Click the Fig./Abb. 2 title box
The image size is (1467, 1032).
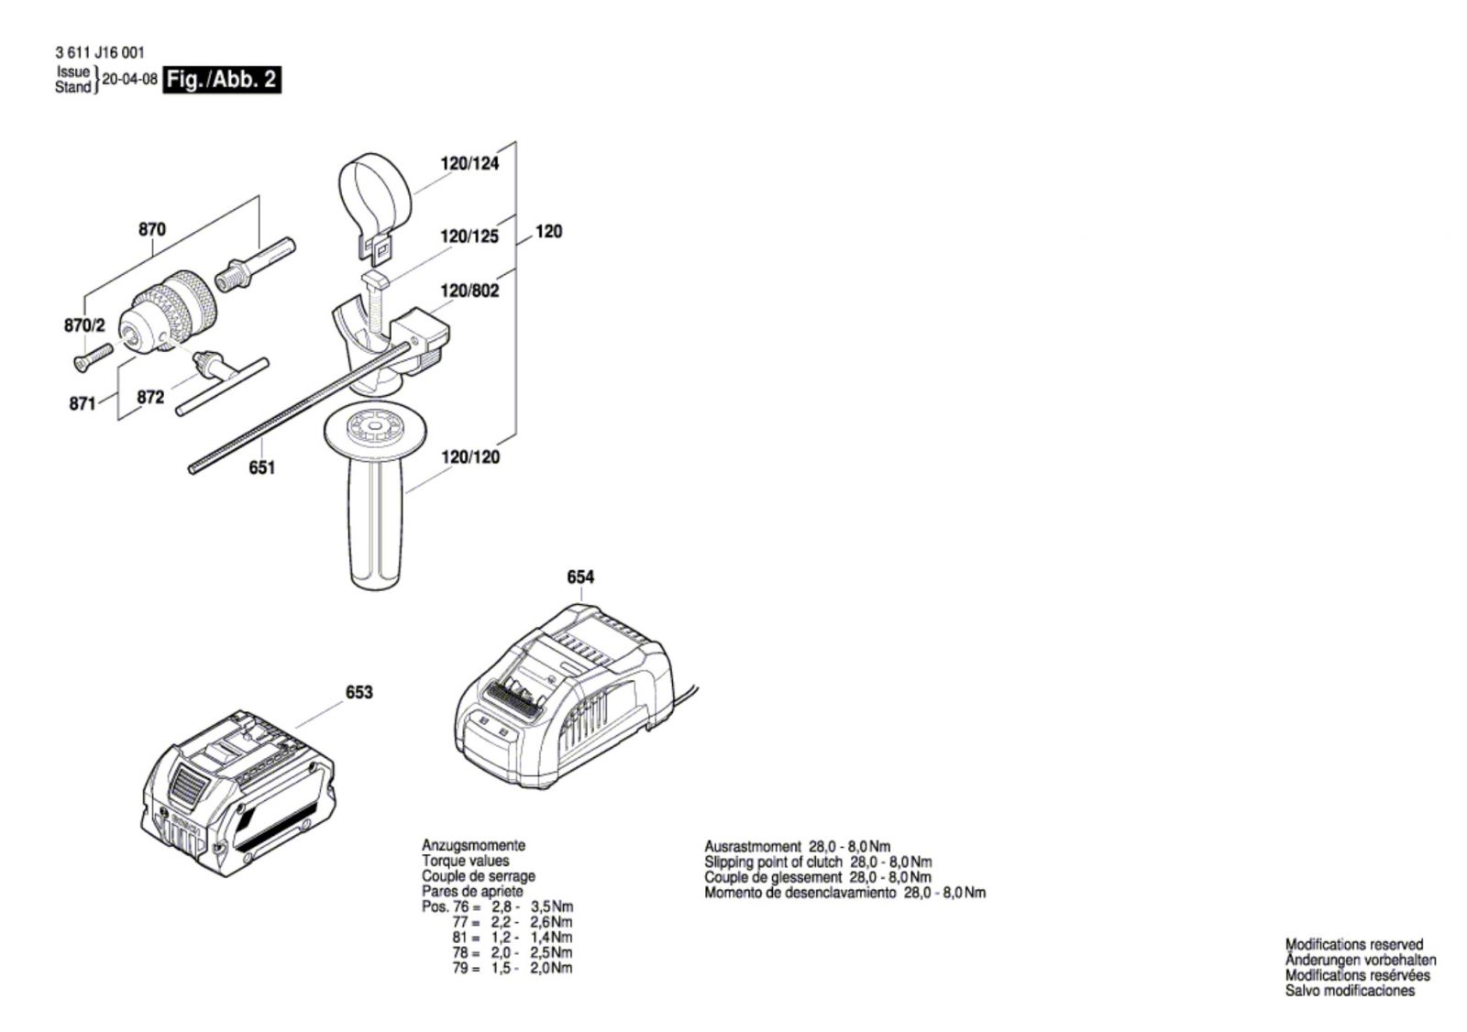tap(221, 80)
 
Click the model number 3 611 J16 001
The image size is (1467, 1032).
tap(99, 54)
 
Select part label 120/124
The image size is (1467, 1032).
tap(469, 164)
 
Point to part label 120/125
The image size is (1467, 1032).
tap(469, 236)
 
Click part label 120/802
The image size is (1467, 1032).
tap(469, 291)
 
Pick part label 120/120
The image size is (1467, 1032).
tap(470, 456)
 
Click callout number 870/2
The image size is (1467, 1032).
tap(85, 325)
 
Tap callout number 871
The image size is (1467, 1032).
tap(83, 402)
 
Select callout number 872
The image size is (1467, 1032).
tap(150, 397)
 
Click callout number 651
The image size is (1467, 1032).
tap(262, 467)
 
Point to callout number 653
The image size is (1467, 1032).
tap(358, 692)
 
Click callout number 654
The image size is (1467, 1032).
tap(580, 576)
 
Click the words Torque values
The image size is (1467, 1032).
tap(465, 861)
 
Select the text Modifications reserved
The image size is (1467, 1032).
tap(1353, 944)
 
